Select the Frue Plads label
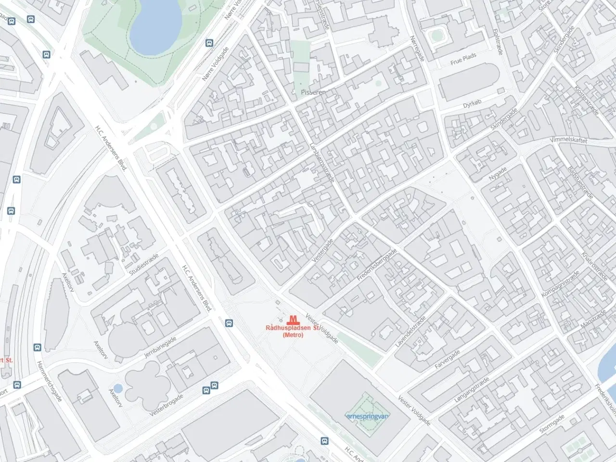[463, 60]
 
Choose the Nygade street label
[498, 174]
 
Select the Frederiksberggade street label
[377, 265]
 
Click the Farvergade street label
[448, 359]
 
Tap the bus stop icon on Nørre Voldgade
[209, 43]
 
